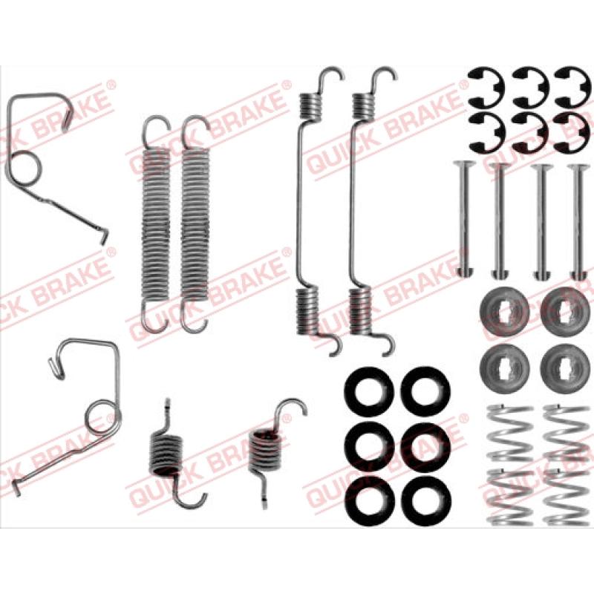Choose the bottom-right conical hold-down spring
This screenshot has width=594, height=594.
click(567, 497)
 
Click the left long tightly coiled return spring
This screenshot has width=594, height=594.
click(156, 223)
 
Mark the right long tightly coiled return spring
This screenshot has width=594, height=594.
click(195, 223)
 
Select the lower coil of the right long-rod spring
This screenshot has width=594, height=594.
click(360, 311)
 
